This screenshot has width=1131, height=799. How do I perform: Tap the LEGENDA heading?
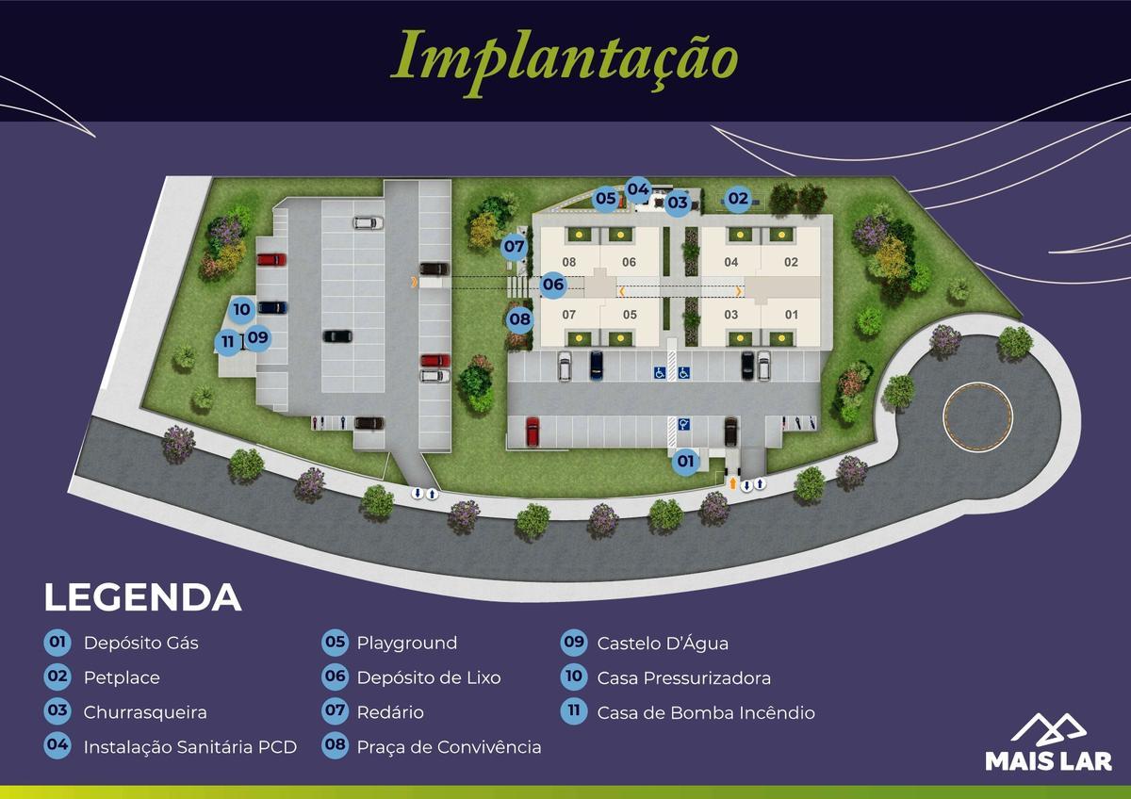click(142, 597)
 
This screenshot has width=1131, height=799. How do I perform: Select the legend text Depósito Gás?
click(140, 644)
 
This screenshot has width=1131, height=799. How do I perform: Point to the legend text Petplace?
click(122, 677)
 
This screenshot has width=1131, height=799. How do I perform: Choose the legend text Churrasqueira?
click(144, 712)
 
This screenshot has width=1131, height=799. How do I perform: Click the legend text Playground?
click(406, 644)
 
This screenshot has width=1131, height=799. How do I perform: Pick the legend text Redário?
click(389, 712)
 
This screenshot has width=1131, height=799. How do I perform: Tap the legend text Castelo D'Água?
click(662, 644)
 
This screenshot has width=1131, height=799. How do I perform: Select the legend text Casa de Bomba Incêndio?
click(705, 712)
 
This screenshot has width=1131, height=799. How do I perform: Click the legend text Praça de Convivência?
click(449, 747)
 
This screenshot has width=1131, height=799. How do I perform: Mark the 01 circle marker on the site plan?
click(685, 462)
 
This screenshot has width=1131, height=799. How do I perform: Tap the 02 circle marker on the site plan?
click(737, 199)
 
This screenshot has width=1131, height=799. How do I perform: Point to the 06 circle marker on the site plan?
click(553, 284)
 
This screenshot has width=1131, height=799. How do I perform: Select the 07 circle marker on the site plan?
click(514, 247)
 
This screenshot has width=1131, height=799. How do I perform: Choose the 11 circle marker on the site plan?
click(227, 343)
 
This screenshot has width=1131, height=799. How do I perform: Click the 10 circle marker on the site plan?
click(241, 308)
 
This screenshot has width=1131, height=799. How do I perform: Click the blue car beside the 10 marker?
click(272, 307)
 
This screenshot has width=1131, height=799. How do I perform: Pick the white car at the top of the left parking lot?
click(368, 223)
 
